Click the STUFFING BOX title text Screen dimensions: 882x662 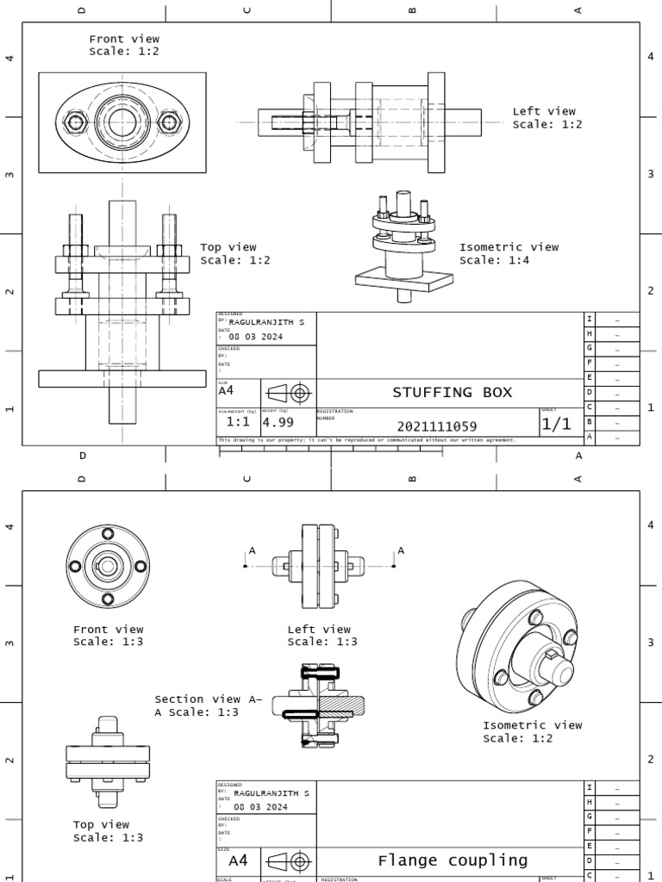click(x=452, y=393)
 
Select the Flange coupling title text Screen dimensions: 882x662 click(x=453, y=860)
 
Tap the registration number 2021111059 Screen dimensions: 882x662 click(x=437, y=426)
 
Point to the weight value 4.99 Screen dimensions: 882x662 click(x=278, y=423)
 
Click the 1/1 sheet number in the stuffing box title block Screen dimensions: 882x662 click(x=556, y=425)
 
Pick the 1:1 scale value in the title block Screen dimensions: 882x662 click(x=238, y=423)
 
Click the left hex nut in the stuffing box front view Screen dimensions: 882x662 click(x=76, y=122)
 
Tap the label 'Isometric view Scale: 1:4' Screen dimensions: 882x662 click(x=509, y=253)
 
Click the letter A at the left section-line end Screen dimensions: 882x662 click(x=252, y=550)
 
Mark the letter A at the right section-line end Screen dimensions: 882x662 click(x=401, y=550)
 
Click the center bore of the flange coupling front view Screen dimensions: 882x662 click(x=108, y=566)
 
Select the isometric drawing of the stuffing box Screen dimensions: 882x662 click(x=403, y=246)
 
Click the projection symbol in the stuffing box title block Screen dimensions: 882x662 click(x=287, y=393)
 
